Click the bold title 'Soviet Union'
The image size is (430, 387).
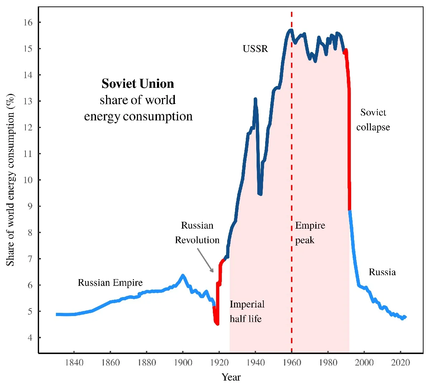[138, 84]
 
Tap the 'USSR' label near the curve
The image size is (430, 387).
[255, 49]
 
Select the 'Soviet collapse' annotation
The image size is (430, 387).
[373, 120]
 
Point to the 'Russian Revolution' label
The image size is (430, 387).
[197, 233]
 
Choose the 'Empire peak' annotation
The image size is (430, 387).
[310, 233]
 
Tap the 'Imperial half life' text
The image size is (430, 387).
[247, 311]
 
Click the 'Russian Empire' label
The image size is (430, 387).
[110, 283]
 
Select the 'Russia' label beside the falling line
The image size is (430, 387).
[382, 272]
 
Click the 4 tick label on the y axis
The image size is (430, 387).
[30, 338]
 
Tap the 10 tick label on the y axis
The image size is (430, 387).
[28, 180]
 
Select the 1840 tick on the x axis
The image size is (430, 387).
[74, 363]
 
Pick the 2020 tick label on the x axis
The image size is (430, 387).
[401, 363]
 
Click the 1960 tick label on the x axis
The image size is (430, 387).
[292, 363]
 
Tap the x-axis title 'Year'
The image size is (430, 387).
[231, 377]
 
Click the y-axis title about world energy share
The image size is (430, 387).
[11, 179]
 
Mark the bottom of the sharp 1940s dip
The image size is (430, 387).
[260, 194]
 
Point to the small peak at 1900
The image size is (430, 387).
[183, 275]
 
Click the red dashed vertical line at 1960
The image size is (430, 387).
[292, 143]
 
